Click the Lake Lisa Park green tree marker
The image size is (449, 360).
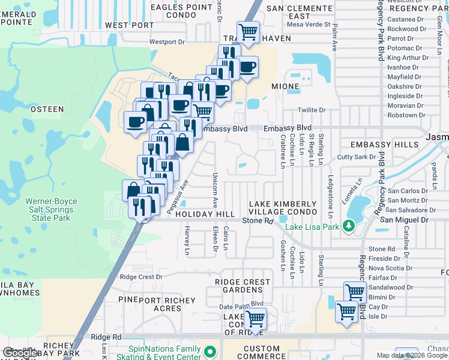pos(348,226)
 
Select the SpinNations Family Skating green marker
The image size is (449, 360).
pos(209,351)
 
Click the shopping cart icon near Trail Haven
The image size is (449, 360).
pos(247,31)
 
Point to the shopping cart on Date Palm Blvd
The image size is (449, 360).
pos(256,319)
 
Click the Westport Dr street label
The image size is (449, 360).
pos(167,42)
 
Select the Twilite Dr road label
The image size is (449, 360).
pos(312,110)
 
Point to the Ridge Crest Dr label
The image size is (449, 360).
pos(141,277)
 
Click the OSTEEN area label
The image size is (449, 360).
pos(47,109)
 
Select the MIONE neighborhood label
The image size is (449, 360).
pos(285,86)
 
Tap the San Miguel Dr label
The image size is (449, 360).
pos(405,220)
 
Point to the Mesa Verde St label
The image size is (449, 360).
pos(309,25)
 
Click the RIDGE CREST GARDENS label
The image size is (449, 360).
pos(243,286)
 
